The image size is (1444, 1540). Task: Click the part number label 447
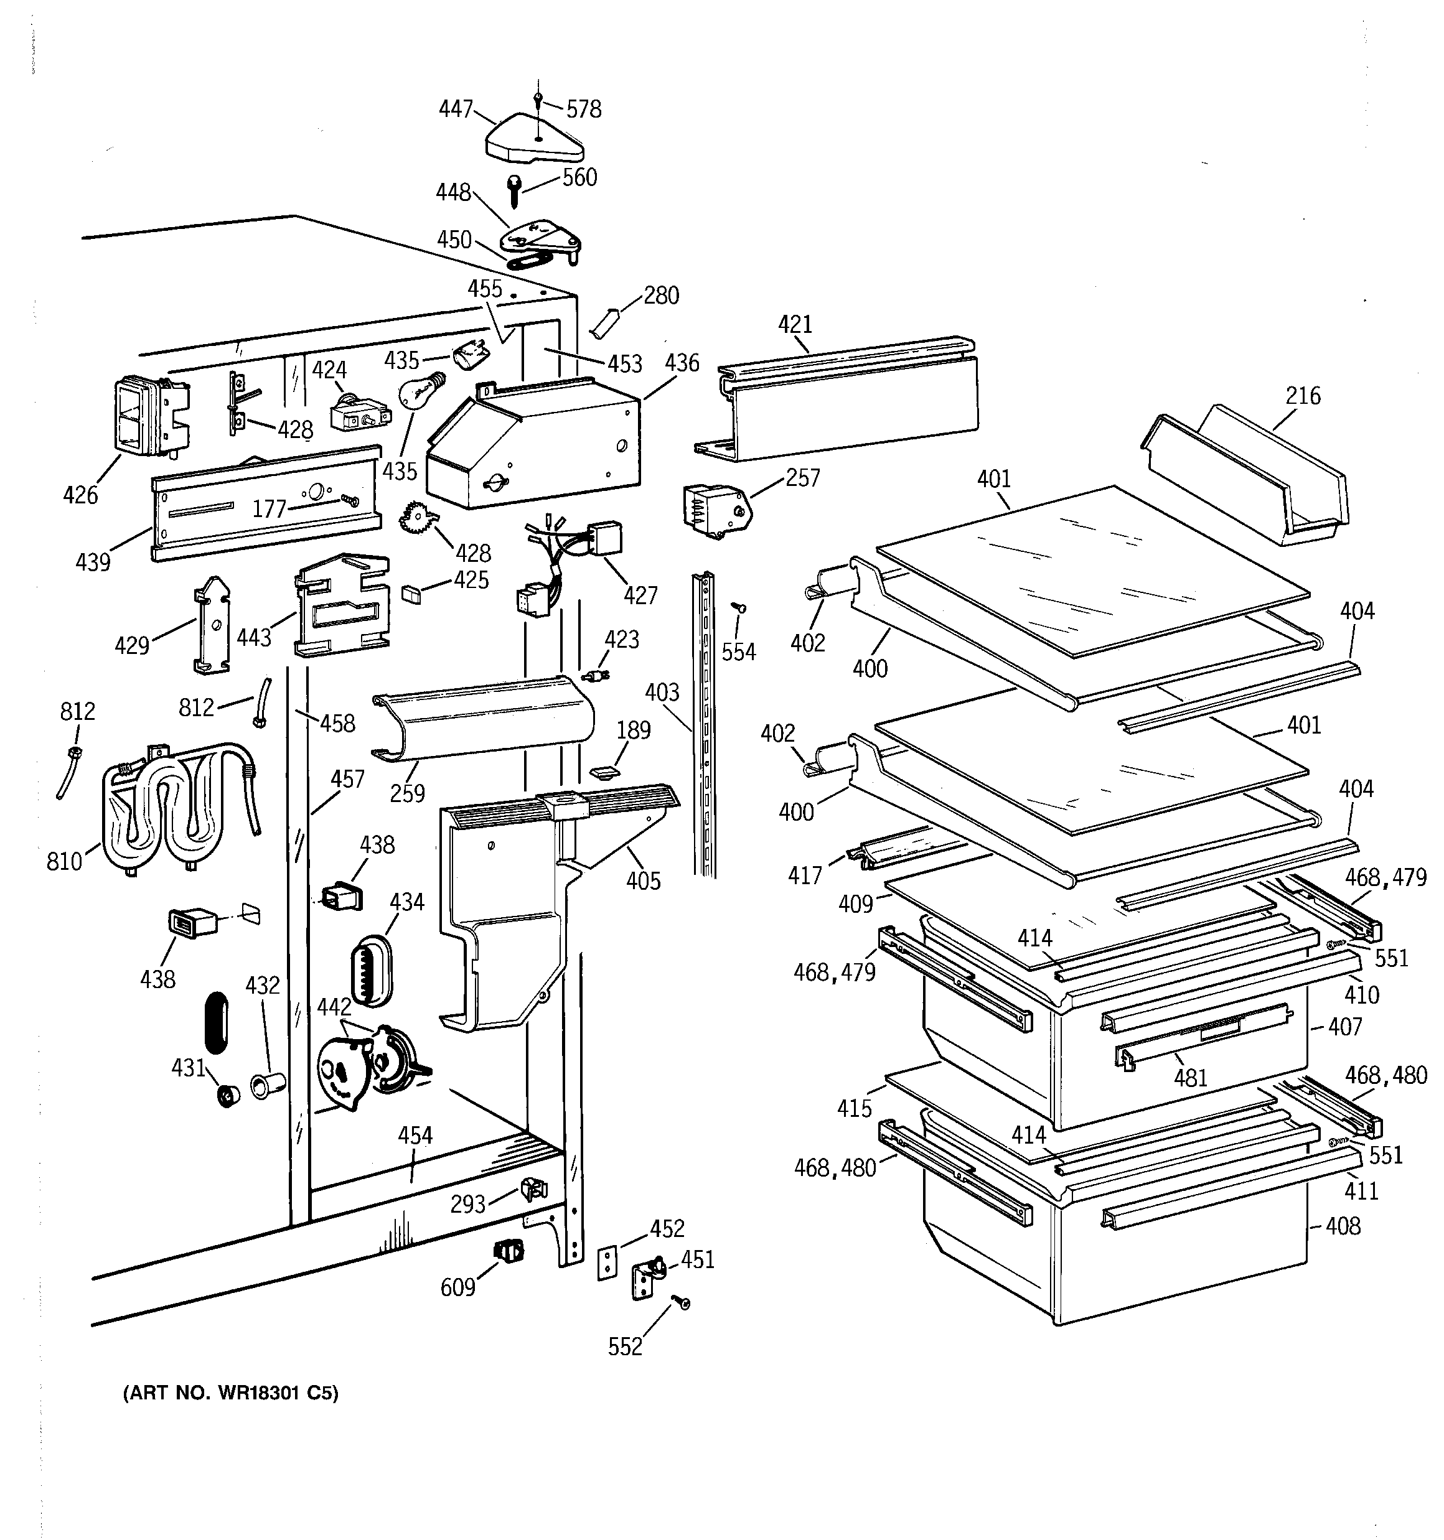point(456,110)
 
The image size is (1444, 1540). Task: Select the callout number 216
point(1303,396)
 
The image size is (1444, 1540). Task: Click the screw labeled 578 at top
point(538,98)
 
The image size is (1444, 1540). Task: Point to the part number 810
point(64,861)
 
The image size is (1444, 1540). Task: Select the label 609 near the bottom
point(457,1287)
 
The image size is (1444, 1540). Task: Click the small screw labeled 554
point(740,609)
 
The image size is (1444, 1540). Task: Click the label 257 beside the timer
point(802,478)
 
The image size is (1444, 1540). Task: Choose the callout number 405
point(644,881)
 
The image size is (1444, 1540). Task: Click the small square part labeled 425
point(411,594)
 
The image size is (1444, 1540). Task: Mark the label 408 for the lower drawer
point(1343,1226)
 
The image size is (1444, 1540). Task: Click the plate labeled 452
point(607,1264)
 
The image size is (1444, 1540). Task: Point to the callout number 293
point(468,1204)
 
